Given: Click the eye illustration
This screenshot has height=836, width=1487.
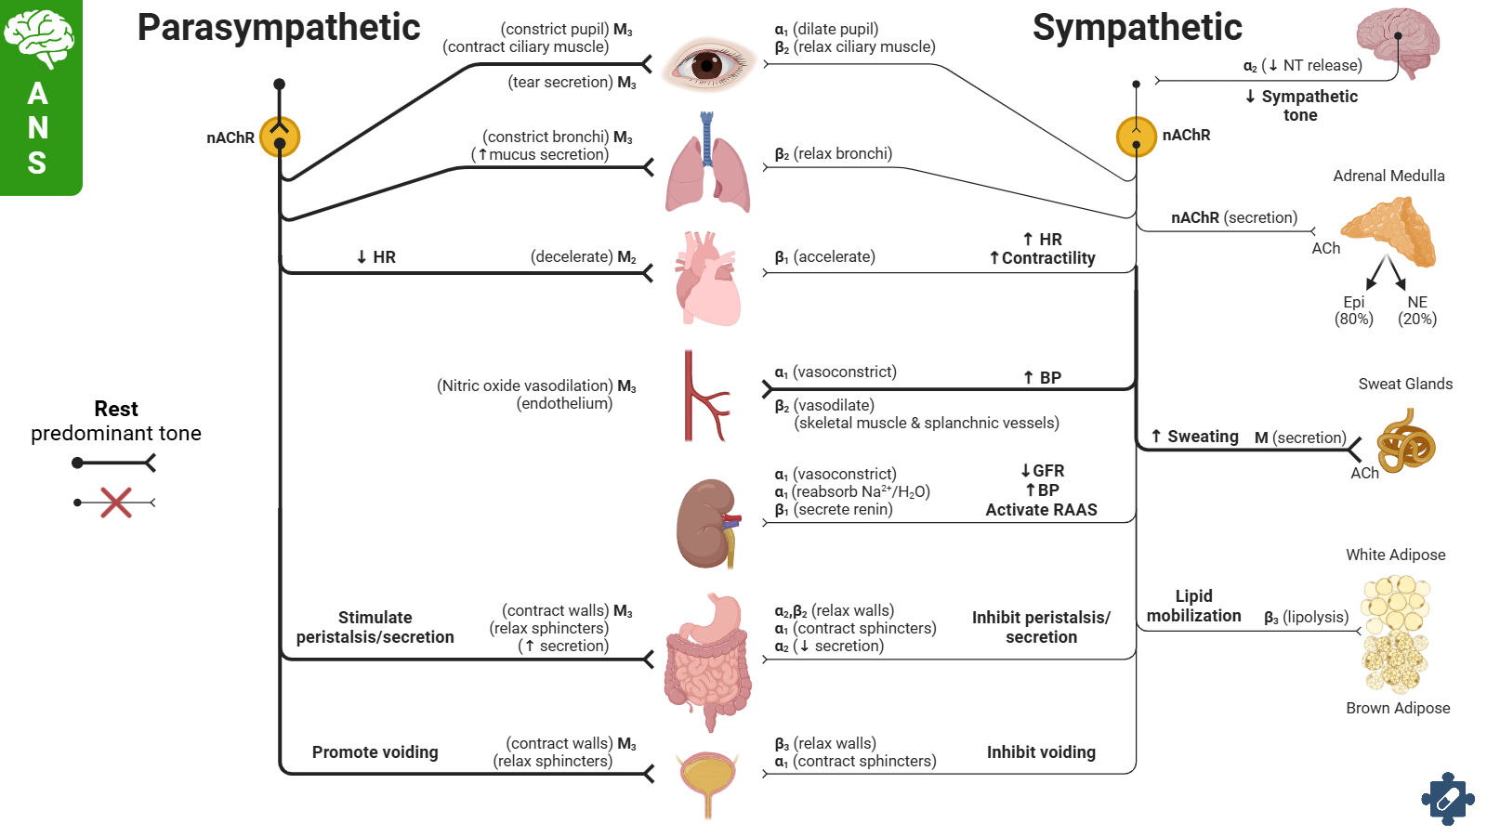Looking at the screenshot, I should tap(708, 64).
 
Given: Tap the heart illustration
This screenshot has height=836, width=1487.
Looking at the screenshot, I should tap(708, 280).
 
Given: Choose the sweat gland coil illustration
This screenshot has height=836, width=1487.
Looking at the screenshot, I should tap(1405, 443).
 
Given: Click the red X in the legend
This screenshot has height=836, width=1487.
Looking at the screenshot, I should tap(116, 503).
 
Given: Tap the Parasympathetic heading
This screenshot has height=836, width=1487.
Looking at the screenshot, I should tap(279, 27).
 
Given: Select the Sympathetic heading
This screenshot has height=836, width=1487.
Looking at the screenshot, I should tap(1137, 27).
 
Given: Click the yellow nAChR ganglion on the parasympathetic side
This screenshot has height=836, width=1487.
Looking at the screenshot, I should tap(280, 137).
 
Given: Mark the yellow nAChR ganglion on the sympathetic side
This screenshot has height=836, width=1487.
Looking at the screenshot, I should tap(1136, 137).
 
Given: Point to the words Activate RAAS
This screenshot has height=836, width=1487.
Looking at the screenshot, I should tap(1041, 510).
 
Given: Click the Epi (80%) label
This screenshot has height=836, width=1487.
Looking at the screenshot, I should tap(1354, 310).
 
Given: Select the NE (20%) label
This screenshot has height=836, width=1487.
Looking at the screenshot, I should tap(1417, 310).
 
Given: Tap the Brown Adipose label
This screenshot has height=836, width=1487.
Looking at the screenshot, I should tap(1398, 708).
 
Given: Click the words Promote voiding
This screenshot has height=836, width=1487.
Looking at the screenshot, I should tap(375, 752).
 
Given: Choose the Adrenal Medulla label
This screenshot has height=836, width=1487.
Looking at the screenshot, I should tap(1388, 176).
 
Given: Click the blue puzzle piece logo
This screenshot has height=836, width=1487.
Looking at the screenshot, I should tap(1447, 798).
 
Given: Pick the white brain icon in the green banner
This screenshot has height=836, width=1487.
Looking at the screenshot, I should tap(38, 38).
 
